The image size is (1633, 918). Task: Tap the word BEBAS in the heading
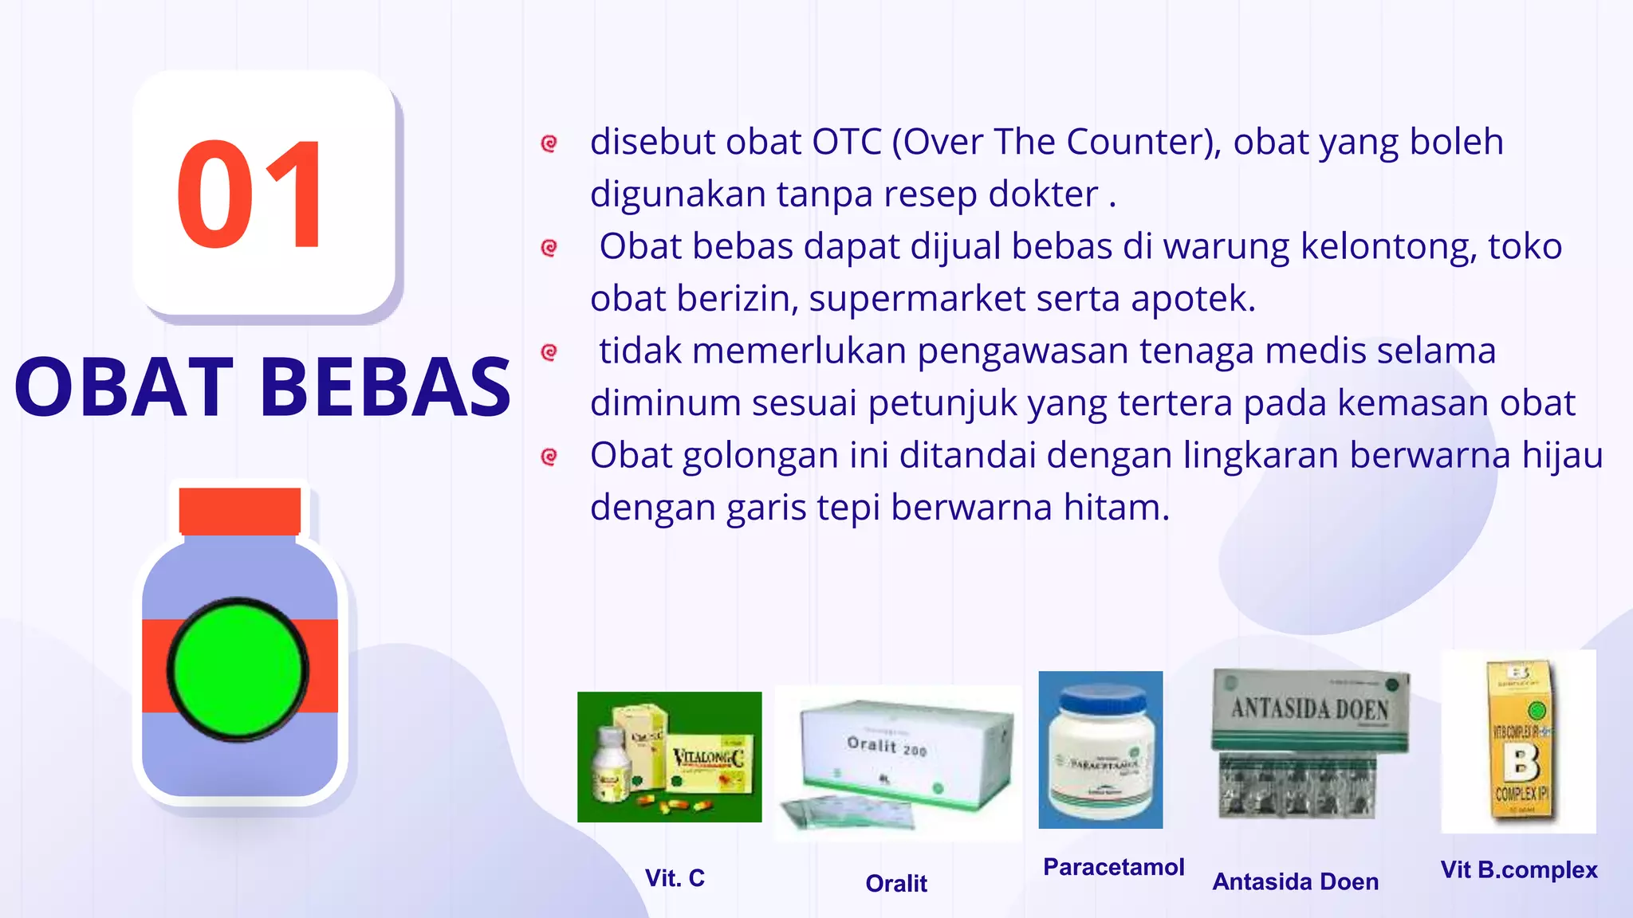coord(385,387)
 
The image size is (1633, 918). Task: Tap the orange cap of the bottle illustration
coord(239,510)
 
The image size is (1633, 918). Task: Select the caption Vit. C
coord(675,878)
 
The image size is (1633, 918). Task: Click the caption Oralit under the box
coord(896,884)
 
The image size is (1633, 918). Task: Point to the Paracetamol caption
coord(1113,867)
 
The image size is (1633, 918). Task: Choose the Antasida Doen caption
coord(1295,882)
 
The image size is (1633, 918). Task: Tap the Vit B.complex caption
coord(1519,870)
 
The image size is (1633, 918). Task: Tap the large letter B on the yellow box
coord(1521,763)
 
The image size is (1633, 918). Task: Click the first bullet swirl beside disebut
coord(549,143)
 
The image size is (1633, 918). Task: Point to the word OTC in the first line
coord(846,142)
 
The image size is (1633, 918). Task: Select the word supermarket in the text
coord(917,299)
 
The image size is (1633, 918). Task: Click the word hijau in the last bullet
coord(1562,456)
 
